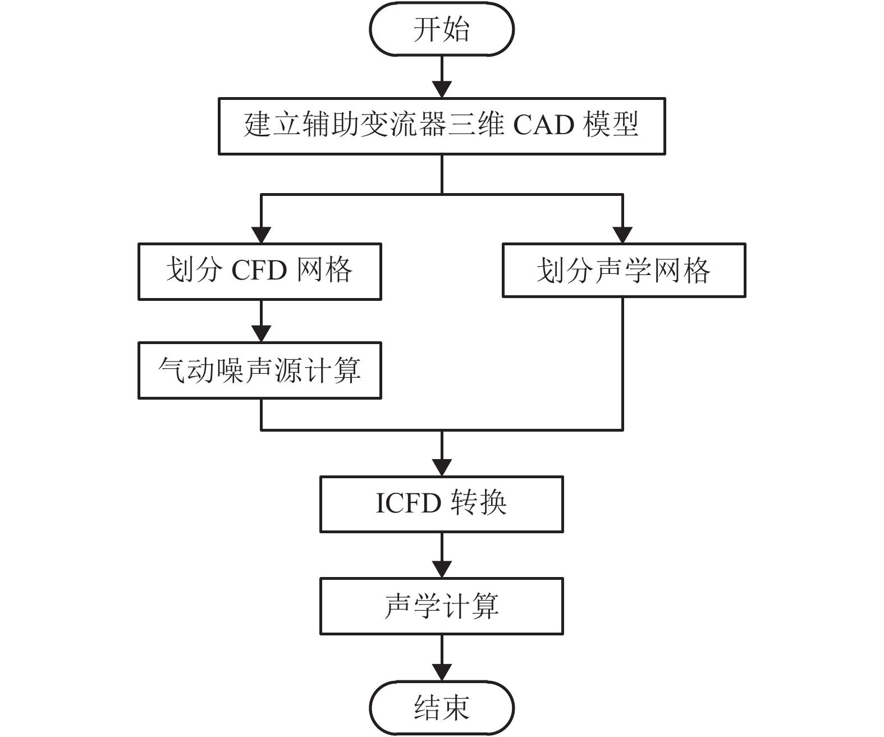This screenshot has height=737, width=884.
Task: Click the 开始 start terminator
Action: tap(442, 30)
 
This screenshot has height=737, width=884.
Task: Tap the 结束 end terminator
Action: tap(442, 707)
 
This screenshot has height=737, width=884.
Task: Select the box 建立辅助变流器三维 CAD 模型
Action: tap(442, 126)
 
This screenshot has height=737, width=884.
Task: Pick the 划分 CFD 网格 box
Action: tap(260, 271)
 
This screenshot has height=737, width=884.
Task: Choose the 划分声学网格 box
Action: tap(624, 270)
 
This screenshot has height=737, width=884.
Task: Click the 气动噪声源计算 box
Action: tap(260, 370)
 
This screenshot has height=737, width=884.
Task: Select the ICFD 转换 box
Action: tap(442, 504)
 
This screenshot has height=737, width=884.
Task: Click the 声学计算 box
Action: tap(442, 606)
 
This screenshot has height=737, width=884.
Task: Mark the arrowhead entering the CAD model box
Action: tap(442, 90)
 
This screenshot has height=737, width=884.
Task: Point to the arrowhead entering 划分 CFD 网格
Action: tap(261, 235)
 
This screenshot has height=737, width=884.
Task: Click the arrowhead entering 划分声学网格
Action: tap(623, 235)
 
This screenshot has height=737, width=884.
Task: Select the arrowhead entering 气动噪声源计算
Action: tap(261, 334)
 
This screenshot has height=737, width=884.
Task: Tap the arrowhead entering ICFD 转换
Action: tap(442, 468)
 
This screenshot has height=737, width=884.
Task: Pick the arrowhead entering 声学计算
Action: tap(442, 569)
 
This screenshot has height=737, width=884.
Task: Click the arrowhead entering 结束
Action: tap(442, 672)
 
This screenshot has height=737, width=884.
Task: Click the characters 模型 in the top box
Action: tap(611, 125)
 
